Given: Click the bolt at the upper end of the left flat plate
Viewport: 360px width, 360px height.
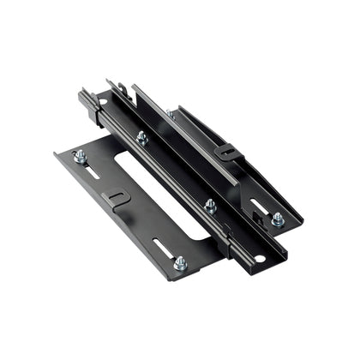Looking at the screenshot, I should tap(80, 156).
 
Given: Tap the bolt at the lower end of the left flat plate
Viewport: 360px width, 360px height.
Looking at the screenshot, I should tap(180, 263).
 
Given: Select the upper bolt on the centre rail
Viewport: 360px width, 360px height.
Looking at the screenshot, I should tap(142, 137).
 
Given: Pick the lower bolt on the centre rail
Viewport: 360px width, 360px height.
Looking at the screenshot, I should tap(210, 206).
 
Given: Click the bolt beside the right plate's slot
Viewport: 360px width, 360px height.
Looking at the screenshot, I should tap(278, 219).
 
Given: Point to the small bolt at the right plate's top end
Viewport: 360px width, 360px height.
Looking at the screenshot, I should tap(171, 112).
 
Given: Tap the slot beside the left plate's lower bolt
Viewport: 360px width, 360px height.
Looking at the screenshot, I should tap(163, 248).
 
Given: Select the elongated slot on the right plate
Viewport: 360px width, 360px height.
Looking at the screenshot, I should tap(258, 206).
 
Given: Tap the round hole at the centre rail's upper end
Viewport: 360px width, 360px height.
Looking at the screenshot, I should tap(103, 102).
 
